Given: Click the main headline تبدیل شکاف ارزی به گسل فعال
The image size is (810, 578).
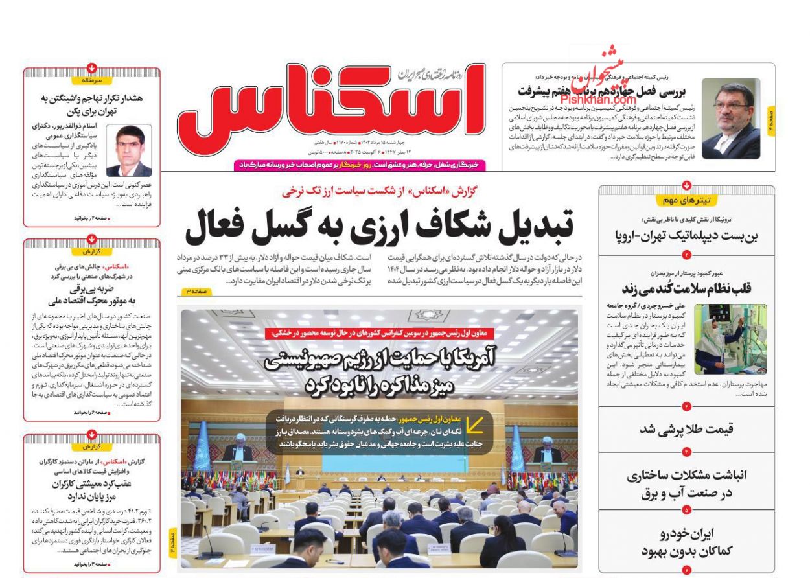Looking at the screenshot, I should [379, 225].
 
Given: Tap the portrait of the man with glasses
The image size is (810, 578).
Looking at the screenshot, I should [731, 119].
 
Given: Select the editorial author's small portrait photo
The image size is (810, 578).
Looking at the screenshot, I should [129, 151].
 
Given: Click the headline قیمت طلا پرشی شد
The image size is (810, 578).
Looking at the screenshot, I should [686, 429].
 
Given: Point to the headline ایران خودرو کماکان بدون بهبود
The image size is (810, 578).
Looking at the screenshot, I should [686, 542].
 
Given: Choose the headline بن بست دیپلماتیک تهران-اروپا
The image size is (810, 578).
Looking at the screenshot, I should [686, 235].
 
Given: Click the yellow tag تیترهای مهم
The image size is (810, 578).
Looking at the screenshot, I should [686, 200].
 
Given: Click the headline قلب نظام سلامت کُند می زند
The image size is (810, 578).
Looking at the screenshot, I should [686, 288].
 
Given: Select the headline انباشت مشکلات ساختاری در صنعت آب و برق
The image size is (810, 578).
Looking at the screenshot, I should [686, 484].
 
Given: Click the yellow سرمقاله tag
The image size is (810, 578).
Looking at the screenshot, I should [92, 81].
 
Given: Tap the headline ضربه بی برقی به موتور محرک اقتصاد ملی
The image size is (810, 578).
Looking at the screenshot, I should [92, 295].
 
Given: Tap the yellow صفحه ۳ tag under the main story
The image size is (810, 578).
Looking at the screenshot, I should [196, 292].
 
